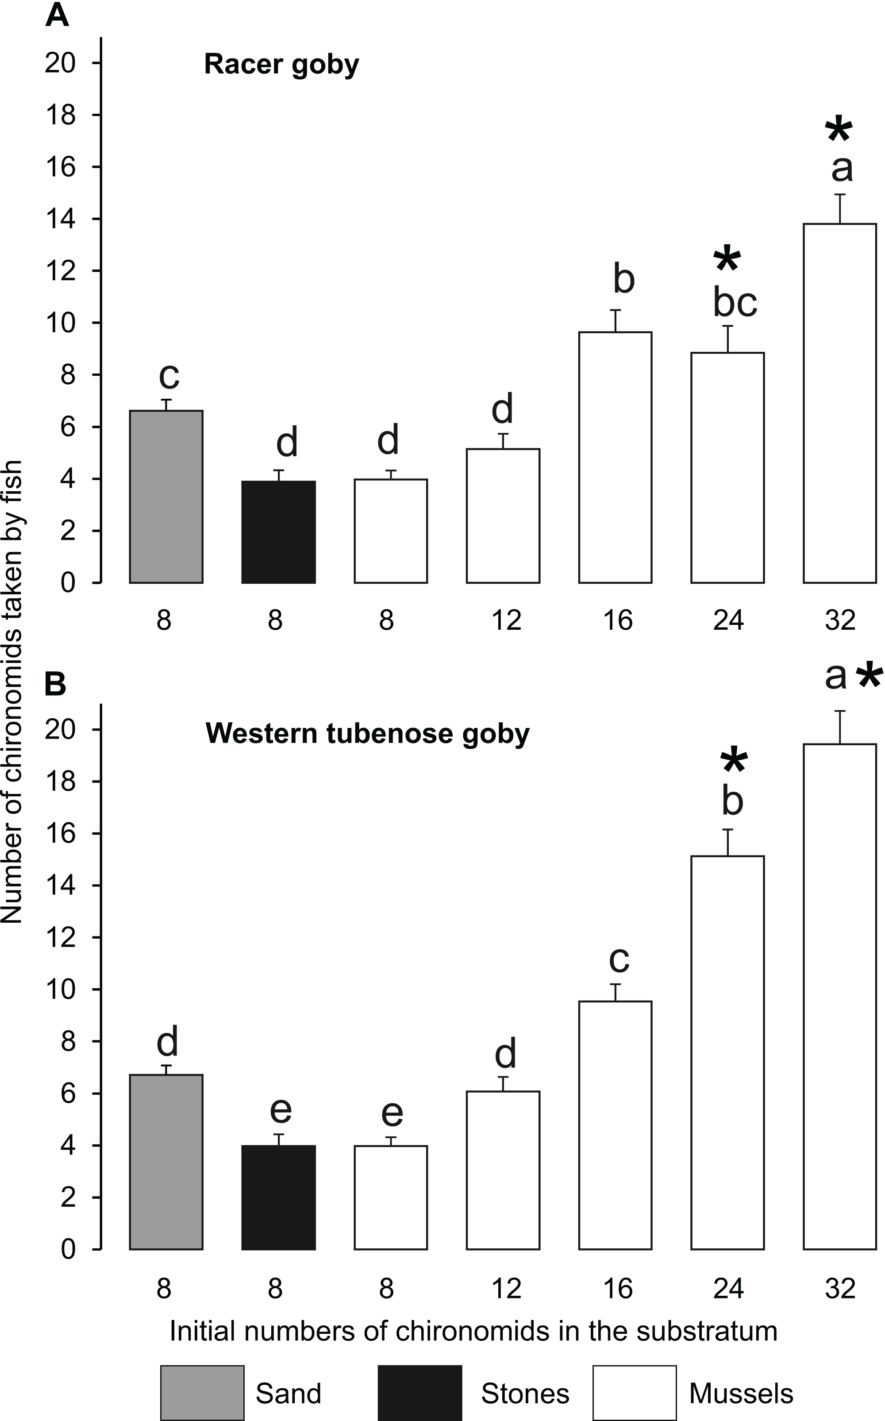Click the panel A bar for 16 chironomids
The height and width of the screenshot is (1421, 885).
(x=615, y=457)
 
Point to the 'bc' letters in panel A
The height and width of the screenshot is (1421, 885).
(x=735, y=303)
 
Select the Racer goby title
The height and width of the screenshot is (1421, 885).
(x=281, y=64)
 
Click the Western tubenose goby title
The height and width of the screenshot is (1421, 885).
(x=368, y=733)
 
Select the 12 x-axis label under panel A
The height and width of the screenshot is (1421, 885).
(x=506, y=620)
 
